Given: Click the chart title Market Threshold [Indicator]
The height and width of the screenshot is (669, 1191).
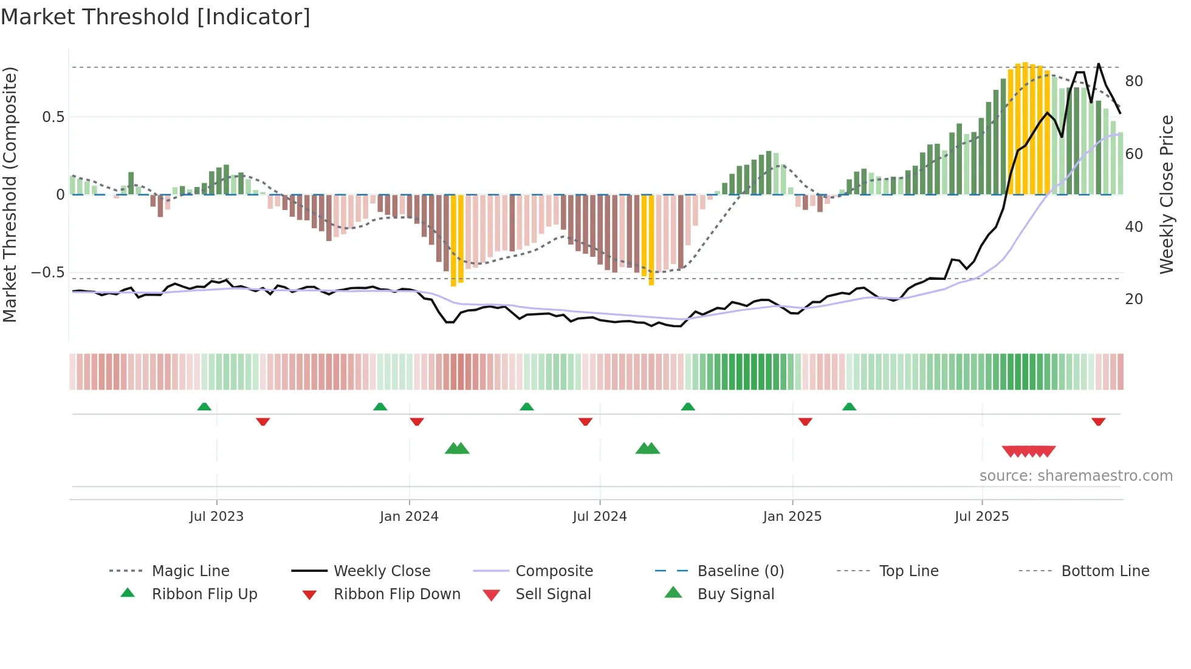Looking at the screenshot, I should tap(156, 17).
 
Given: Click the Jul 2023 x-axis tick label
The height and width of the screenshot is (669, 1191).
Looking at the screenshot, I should tap(216, 517).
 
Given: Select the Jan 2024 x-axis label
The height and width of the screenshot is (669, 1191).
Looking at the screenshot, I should tap(409, 517).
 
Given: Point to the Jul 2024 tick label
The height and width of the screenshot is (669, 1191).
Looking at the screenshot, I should tap(600, 517).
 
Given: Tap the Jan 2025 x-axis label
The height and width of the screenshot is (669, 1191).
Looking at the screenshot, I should tap(792, 517).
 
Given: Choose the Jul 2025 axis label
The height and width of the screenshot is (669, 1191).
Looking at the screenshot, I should tap(982, 517).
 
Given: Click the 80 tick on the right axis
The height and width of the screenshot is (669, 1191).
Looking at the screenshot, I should tap(1134, 81).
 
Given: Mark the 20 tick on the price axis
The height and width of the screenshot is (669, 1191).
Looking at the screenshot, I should tap(1134, 299).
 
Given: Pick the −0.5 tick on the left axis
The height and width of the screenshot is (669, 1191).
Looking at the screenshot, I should tap(48, 273).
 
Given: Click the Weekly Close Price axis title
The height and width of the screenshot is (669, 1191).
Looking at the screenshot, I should tap(1166, 194).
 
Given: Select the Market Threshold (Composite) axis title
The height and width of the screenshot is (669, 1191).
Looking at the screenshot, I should tap(10, 194).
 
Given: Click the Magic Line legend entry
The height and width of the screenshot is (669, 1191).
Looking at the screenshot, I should tap(190, 571).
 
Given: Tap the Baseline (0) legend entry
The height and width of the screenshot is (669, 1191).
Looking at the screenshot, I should tap(740, 571).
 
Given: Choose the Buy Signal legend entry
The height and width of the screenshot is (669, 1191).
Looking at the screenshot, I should tap(735, 594).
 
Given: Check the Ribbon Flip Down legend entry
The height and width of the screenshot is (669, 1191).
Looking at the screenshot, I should tap(396, 594).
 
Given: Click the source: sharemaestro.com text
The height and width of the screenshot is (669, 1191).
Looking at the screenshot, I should tap(1076, 476).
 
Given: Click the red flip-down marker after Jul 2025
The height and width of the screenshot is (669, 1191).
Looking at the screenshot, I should tap(1098, 421).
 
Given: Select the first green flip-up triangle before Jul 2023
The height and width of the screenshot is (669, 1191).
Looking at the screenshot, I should tap(204, 407).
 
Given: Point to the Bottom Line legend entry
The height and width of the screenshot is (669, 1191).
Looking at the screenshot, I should tap(1105, 571).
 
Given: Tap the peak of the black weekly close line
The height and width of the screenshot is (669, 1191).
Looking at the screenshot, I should tap(1098, 64).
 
